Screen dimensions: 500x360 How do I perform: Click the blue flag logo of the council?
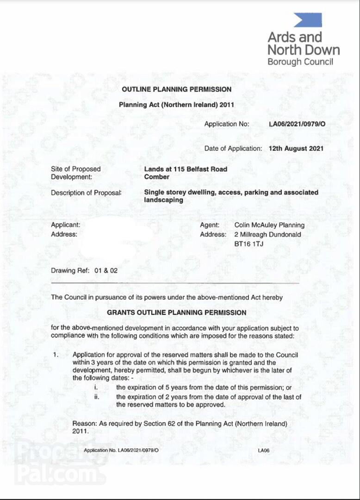pyautogui.click(x=307, y=20)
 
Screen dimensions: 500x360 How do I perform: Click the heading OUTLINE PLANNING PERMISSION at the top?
pyautogui.click(x=176, y=89)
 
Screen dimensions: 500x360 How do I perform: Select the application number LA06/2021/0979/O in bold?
pyautogui.click(x=297, y=124)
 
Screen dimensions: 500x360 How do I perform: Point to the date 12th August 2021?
pyautogui.click(x=296, y=149)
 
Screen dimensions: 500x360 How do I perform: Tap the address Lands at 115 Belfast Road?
pyautogui.click(x=186, y=169)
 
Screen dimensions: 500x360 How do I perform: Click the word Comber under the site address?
pyautogui.click(x=157, y=177)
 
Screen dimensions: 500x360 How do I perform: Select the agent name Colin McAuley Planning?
pyautogui.click(x=269, y=225)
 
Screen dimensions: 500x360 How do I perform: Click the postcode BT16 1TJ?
pyautogui.click(x=249, y=244)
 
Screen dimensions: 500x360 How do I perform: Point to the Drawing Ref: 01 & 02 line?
pyautogui.click(x=84, y=270)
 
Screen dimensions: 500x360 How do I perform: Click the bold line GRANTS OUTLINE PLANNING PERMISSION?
pyautogui.click(x=177, y=312)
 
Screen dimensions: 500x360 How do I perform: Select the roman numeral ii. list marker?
pyautogui.click(x=96, y=397)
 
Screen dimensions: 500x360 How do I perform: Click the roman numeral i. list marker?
pyautogui.click(x=95, y=387)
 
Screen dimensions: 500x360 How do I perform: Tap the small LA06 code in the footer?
pyautogui.click(x=264, y=450)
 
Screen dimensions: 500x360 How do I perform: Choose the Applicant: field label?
pyautogui.click(x=65, y=225)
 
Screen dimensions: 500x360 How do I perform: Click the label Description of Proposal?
pyautogui.click(x=86, y=193)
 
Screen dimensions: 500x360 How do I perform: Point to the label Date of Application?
pyautogui.click(x=233, y=149)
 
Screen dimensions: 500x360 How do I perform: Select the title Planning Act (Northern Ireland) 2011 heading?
pyautogui.click(x=176, y=105)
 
